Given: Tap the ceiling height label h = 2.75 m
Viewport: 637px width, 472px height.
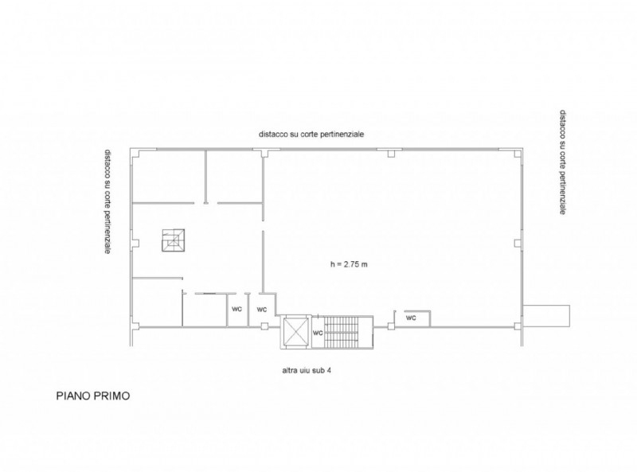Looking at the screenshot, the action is coord(349,264).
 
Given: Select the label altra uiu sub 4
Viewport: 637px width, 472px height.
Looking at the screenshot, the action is coord(307,370).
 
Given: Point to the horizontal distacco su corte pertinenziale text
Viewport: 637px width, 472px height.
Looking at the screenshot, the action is coord(311,134).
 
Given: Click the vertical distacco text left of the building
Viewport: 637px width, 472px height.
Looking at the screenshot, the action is coord(107,201).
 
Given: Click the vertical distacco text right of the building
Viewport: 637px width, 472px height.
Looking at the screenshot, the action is coord(563,162).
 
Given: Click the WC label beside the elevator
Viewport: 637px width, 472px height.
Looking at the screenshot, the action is coord(317,333).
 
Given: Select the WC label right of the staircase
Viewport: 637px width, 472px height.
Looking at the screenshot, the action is coord(411,318).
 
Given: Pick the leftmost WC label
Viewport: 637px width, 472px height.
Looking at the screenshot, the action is coord(236,309).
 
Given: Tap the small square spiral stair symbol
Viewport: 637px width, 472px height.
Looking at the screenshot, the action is coord(174,240).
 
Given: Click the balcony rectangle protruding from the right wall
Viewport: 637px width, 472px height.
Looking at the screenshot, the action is coord(546,315).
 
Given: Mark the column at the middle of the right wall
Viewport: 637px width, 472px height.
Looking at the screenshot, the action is coord(518,243).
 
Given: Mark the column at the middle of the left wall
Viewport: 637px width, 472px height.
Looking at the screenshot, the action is coord(136,243).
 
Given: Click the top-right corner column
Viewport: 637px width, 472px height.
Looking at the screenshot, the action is coord(517,154).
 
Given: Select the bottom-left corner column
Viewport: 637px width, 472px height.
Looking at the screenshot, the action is coord(136,326).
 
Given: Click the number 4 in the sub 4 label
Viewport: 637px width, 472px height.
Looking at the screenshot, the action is coord(329,370).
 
